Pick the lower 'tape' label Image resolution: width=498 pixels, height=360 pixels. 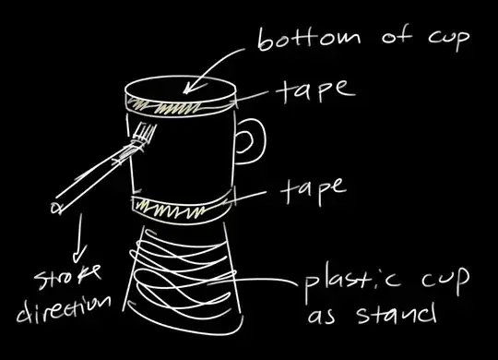click(x=309, y=188)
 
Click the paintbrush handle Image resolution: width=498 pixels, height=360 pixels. click(x=92, y=180)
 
